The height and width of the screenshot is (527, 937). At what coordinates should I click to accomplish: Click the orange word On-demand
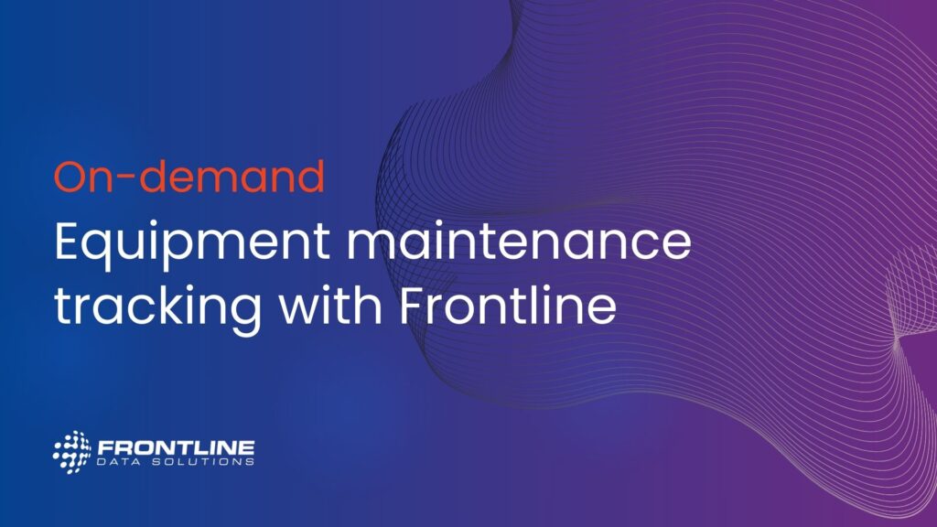(189, 176)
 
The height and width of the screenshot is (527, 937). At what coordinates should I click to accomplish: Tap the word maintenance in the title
(519, 241)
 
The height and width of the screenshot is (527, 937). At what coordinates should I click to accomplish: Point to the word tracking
(157, 309)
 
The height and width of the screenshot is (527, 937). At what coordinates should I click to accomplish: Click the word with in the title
(330, 304)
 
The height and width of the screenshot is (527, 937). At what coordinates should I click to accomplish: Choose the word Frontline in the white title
(508, 305)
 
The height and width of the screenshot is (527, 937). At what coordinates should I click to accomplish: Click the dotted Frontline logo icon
(71, 452)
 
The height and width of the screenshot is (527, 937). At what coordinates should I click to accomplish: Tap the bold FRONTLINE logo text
(177, 448)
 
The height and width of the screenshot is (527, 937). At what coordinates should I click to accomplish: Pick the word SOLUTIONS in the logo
(203, 462)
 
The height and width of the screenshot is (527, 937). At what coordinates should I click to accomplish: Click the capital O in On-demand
(73, 177)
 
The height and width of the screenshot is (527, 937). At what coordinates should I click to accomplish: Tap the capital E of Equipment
(66, 241)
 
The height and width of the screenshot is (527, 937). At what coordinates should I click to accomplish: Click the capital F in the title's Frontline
(412, 306)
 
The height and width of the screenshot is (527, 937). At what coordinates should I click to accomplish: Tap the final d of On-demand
(308, 177)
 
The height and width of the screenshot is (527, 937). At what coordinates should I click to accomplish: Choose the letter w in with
(303, 311)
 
